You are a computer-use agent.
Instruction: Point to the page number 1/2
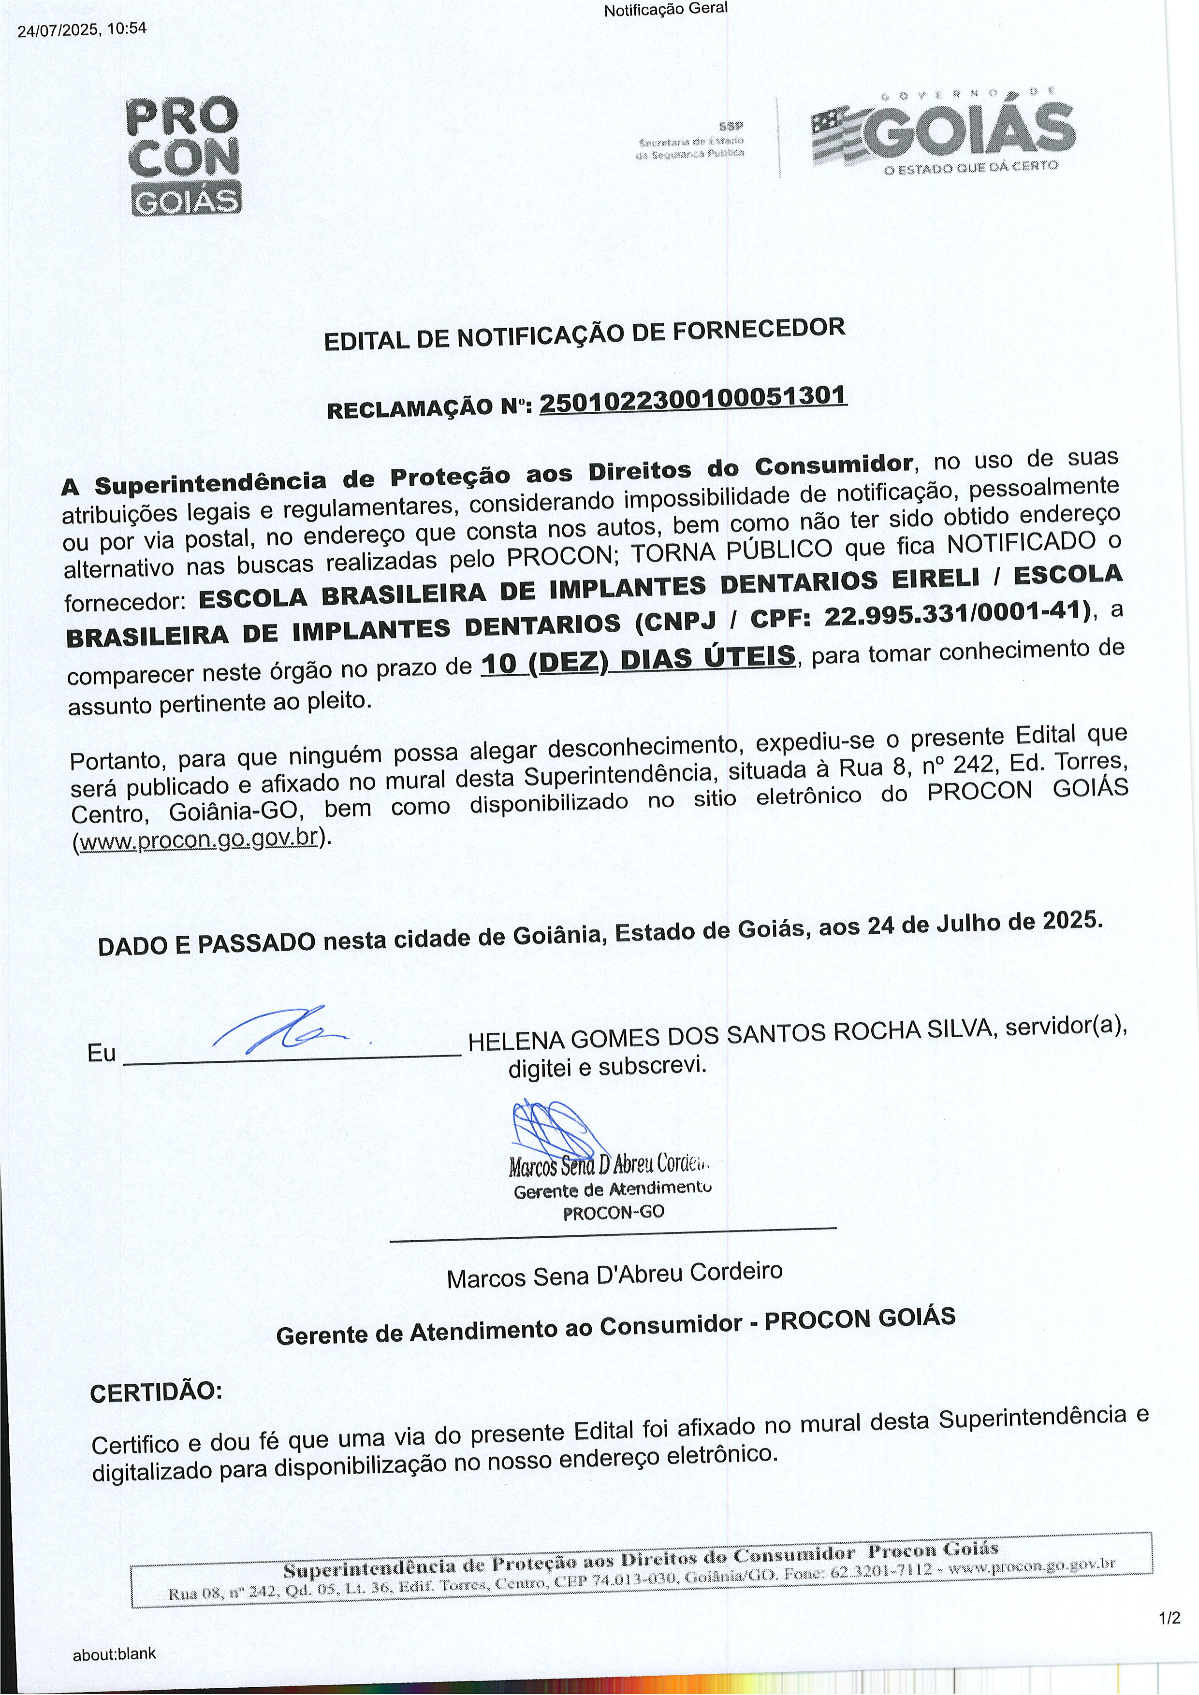coord(1169,1618)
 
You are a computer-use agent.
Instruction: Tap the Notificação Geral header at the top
coord(665,10)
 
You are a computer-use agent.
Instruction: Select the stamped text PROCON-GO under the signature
coord(614,1212)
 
